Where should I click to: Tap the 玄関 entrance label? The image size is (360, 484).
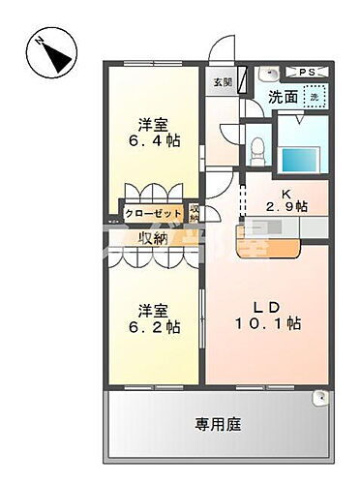222,82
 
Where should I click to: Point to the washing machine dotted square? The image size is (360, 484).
314,96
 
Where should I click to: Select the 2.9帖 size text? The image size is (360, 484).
287,206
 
